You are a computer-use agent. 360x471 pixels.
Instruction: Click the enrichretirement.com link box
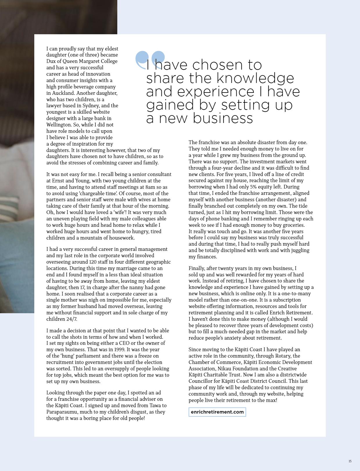click(217, 412)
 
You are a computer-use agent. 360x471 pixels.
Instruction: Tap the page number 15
click(350, 461)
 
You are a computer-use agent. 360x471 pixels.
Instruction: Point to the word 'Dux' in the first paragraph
click(51, 61)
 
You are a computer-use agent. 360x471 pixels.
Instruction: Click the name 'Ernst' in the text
click(58, 181)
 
